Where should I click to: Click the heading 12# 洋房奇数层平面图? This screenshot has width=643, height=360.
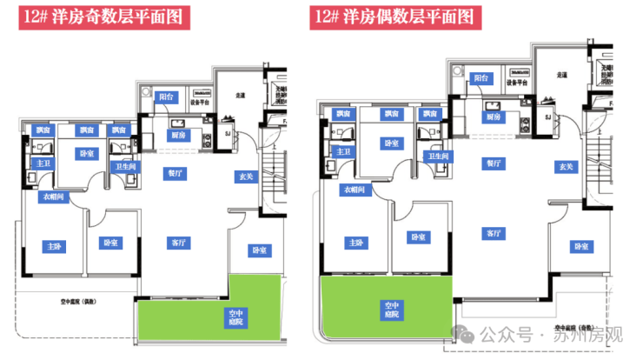[104, 17]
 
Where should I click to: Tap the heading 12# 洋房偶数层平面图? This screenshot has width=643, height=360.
[394, 17]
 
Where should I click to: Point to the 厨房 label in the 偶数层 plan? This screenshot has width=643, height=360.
[493, 117]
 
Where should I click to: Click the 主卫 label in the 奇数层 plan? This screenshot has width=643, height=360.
[41, 163]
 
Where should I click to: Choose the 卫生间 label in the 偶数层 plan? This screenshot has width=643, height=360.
[437, 156]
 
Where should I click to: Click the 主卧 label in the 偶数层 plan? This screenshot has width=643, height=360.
[354, 243]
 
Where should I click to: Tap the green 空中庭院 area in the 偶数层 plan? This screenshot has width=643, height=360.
[387, 309]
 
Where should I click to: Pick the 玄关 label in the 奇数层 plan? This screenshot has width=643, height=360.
[246, 177]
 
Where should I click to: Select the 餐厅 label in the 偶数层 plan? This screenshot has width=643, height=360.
[494, 163]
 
